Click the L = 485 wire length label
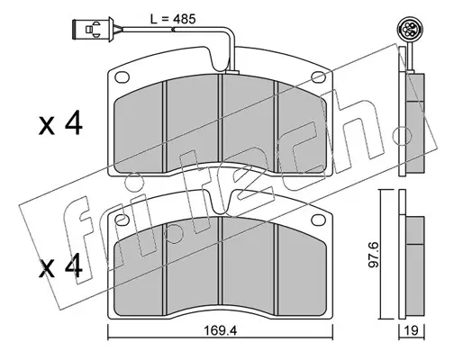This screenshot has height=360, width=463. tap(173, 19)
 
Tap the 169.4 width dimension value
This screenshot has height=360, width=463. tap(220, 331)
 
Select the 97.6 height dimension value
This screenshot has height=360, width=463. tap(374, 255)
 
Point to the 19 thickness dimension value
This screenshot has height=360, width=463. tap(412, 331)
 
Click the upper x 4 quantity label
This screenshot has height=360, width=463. tap(60, 122)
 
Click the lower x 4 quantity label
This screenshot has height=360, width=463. tap(60, 265)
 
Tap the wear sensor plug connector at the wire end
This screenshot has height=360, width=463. tap(93, 30)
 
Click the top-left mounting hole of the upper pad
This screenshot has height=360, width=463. tap(122, 77)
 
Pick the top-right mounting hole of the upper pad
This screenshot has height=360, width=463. tap(319, 77)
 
